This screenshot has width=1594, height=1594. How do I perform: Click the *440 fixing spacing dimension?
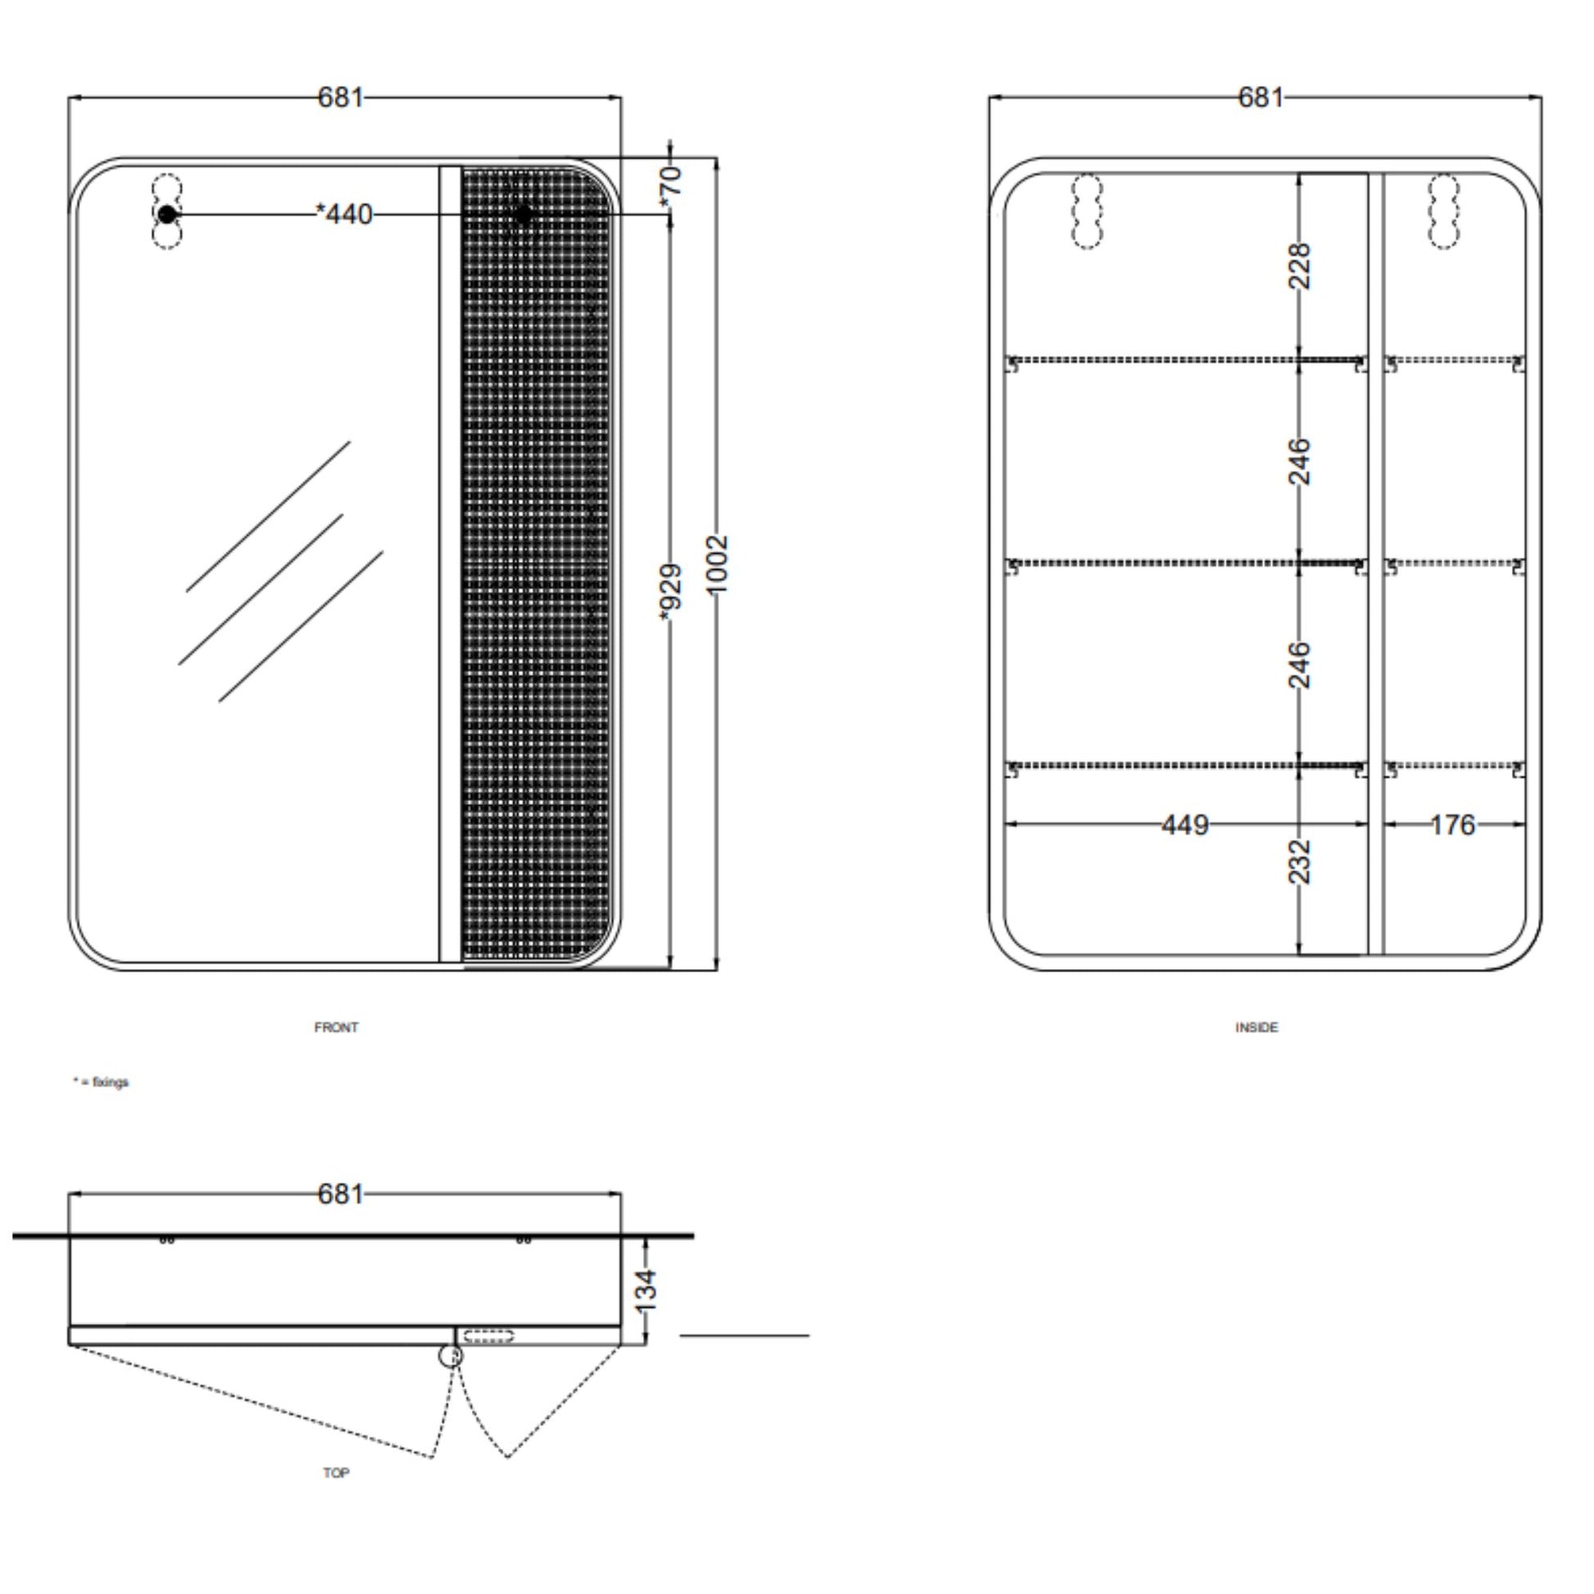(345, 215)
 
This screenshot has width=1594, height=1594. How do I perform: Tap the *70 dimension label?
(672, 187)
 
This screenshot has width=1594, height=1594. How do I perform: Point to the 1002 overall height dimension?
(718, 564)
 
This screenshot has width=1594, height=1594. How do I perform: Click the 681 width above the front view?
(340, 97)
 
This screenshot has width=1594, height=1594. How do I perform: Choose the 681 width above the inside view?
(1261, 97)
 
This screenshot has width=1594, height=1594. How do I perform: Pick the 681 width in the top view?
(340, 1193)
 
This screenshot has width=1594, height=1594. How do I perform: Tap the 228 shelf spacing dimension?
(1299, 265)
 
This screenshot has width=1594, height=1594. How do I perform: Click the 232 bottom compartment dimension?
(1299, 863)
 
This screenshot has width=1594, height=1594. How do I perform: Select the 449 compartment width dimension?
(1184, 824)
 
